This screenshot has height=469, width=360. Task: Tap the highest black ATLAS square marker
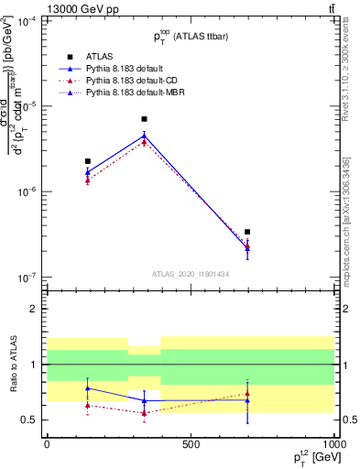click(144, 119)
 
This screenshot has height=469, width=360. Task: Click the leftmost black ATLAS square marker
click(88, 161)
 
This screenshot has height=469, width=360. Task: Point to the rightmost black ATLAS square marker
click(247, 233)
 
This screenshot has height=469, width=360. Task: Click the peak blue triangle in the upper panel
click(144, 136)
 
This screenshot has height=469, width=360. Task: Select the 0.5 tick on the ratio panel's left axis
click(29, 420)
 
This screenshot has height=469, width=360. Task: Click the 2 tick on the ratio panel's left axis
click(33, 309)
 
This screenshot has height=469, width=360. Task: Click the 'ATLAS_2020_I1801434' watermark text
click(190, 275)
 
